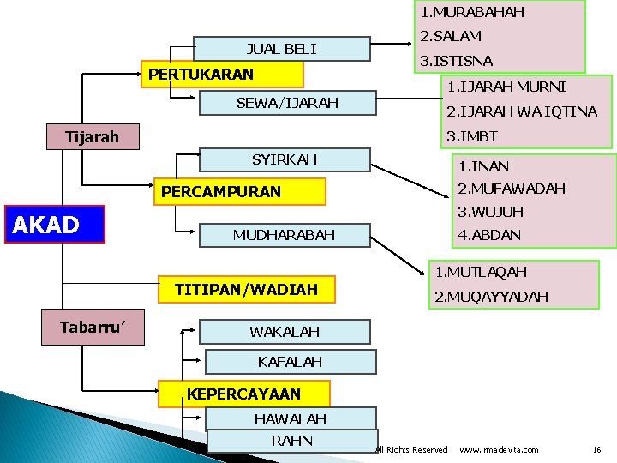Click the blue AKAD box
54,225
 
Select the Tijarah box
93,136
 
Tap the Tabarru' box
93,327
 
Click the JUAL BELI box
282,49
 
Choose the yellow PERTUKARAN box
201,75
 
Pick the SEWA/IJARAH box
287,104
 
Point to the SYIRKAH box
285,159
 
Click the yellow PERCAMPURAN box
240,192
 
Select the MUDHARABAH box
285,235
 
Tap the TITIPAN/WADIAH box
246,290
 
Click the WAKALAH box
285,331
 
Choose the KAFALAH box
290,362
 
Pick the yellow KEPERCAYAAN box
244,394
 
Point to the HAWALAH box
291,419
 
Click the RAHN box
291,441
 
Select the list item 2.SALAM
450,36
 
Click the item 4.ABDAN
489,234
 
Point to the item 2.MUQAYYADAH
491,297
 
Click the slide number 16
596,449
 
